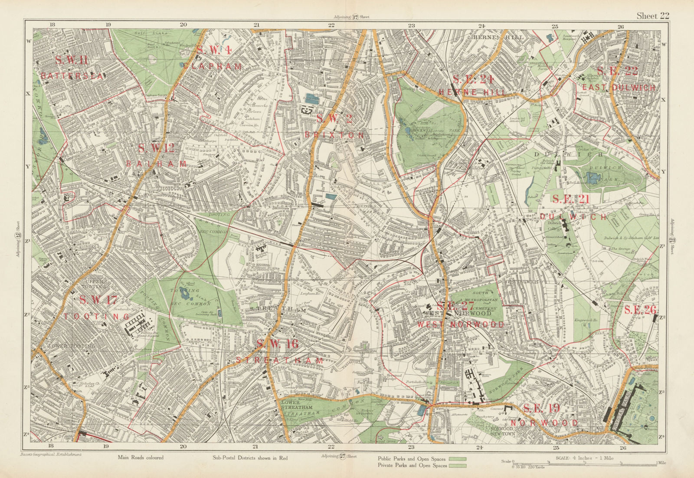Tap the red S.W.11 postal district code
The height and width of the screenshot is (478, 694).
tap(72, 60)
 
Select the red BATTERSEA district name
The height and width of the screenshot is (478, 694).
tap(72, 76)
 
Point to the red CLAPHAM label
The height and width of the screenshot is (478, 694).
tap(212, 66)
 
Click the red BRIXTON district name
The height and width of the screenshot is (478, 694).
tap(334, 135)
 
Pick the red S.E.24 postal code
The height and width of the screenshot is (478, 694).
tap(474, 79)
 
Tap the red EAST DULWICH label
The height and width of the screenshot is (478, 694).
tap(619, 87)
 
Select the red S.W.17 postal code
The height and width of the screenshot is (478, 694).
tap(98, 300)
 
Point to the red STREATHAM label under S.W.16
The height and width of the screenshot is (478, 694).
tap(280, 360)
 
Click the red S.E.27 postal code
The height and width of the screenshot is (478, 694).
tap(456, 306)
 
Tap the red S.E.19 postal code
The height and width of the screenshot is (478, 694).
tap(541, 408)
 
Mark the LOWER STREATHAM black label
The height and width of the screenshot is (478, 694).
tap(296, 405)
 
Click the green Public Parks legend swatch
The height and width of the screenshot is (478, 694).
tap(457, 458)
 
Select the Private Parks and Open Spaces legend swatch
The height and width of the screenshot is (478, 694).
tap(457, 466)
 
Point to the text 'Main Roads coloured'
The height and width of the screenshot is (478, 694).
tap(141, 458)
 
